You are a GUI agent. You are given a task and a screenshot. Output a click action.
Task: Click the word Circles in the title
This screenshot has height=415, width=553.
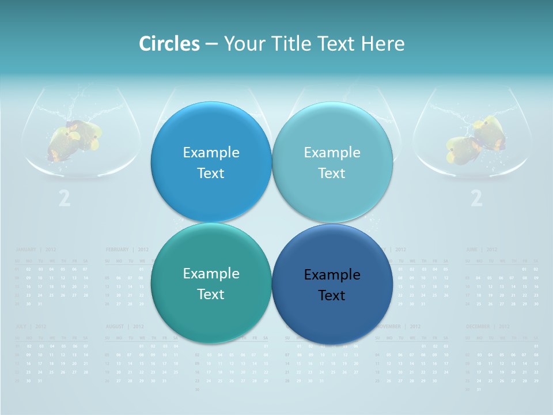point(169,44)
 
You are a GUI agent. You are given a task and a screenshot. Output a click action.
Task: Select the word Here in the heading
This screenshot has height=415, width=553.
point(383,44)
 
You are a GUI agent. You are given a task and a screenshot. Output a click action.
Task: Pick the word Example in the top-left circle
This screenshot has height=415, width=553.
point(211,152)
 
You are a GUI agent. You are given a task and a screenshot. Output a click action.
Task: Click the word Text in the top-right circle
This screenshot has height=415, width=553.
point(332,173)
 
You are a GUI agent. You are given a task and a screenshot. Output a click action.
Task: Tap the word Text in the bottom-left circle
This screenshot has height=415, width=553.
point(211,295)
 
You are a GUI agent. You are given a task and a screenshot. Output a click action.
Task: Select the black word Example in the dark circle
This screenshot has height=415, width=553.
point(332,275)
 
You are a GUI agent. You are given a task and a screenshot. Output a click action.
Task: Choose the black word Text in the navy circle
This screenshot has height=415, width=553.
point(332,296)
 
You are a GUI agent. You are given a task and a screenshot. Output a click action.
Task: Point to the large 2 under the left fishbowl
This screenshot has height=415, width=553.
point(65,198)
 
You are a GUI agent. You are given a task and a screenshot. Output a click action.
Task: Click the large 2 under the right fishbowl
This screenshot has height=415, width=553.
point(476,198)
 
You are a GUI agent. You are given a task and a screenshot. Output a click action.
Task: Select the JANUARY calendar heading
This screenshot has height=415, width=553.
point(26,250)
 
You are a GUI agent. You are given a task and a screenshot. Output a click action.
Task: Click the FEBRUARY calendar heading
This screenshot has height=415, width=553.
point(118,250)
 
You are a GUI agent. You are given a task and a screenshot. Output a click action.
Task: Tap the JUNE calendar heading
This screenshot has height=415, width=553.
point(473,250)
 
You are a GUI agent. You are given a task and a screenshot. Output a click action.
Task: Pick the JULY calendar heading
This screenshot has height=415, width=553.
point(23,326)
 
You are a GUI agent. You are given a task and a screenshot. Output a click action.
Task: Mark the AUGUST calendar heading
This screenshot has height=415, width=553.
point(115,326)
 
